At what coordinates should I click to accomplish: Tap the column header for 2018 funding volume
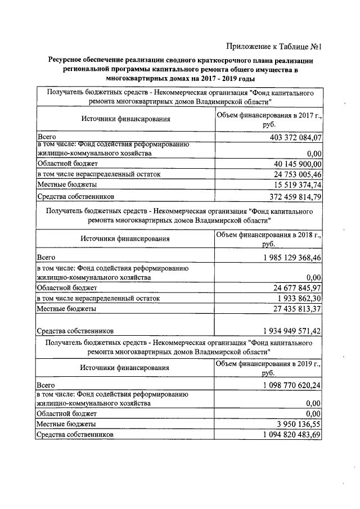click(268, 239)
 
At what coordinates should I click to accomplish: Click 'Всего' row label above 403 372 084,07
click(46, 137)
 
